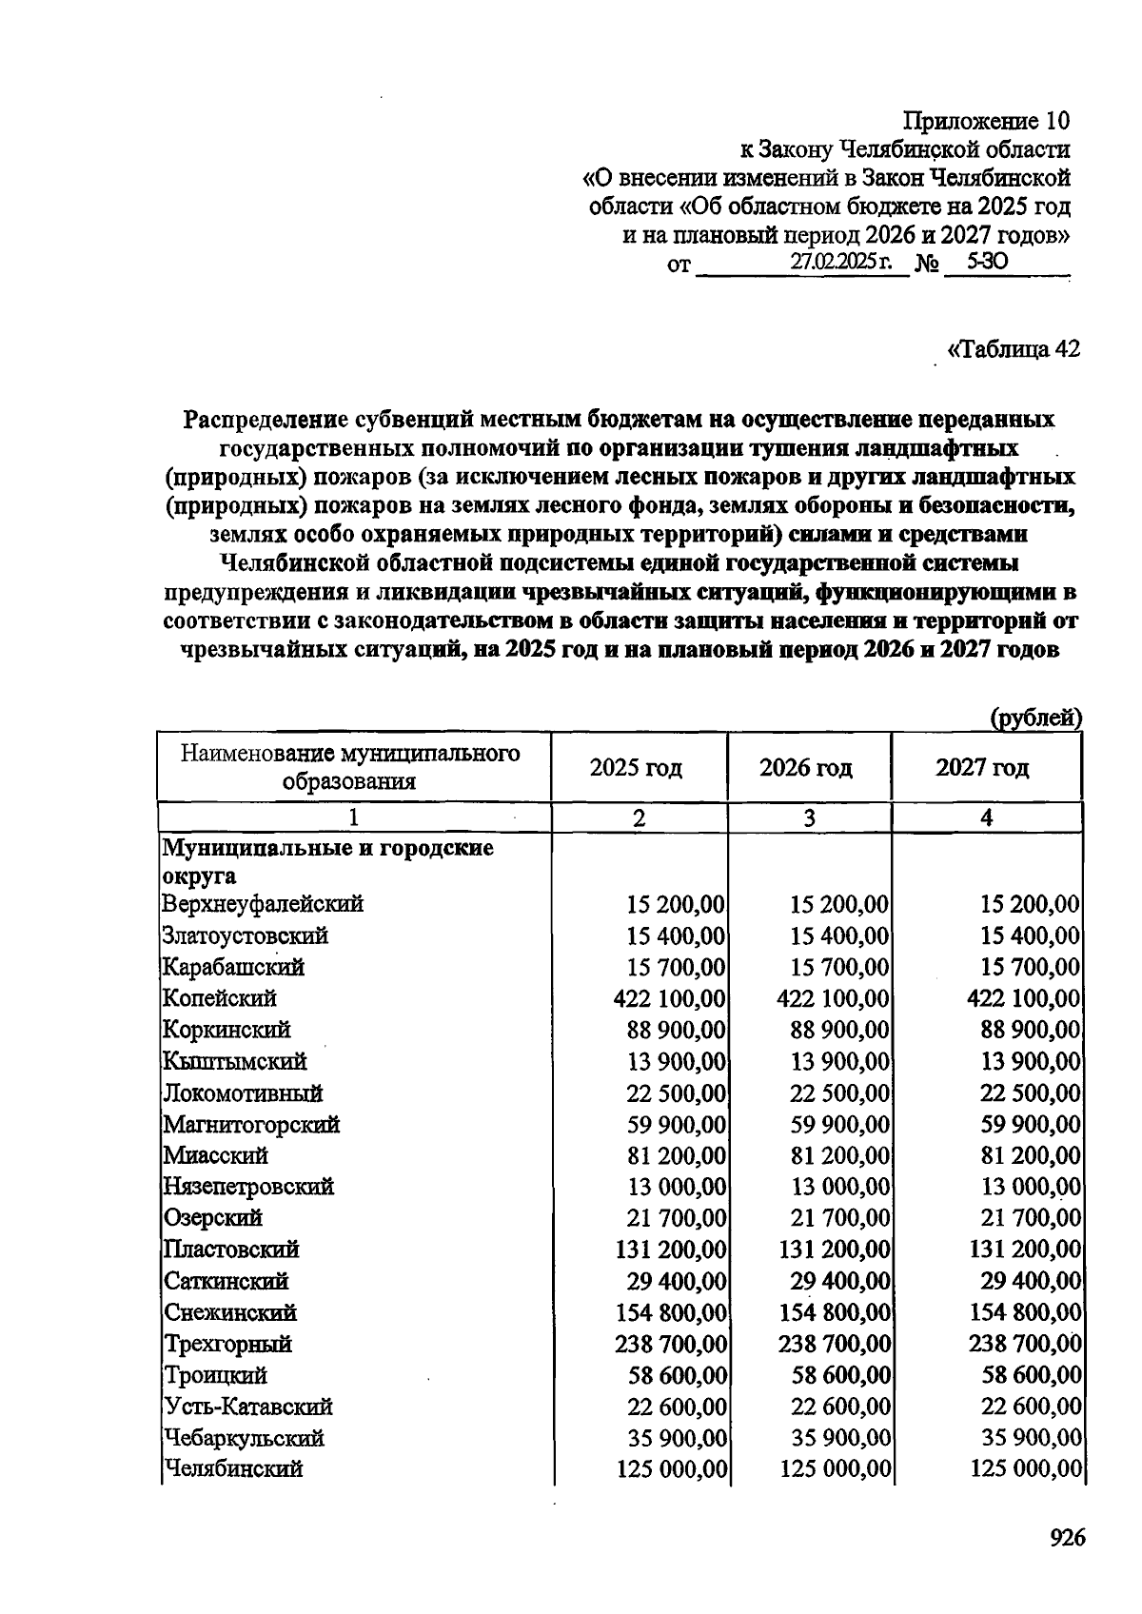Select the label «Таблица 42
(1013, 348)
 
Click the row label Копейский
(220, 998)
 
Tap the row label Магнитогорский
(251, 1124)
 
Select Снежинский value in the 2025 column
(671, 1312)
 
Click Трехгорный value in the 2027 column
(1025, 1344)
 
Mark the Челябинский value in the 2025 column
(671, 1468)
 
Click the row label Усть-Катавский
(247, 1406)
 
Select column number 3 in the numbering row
(809, 817)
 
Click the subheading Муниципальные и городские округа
(328, 860)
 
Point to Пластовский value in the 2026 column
(835, 1250)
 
